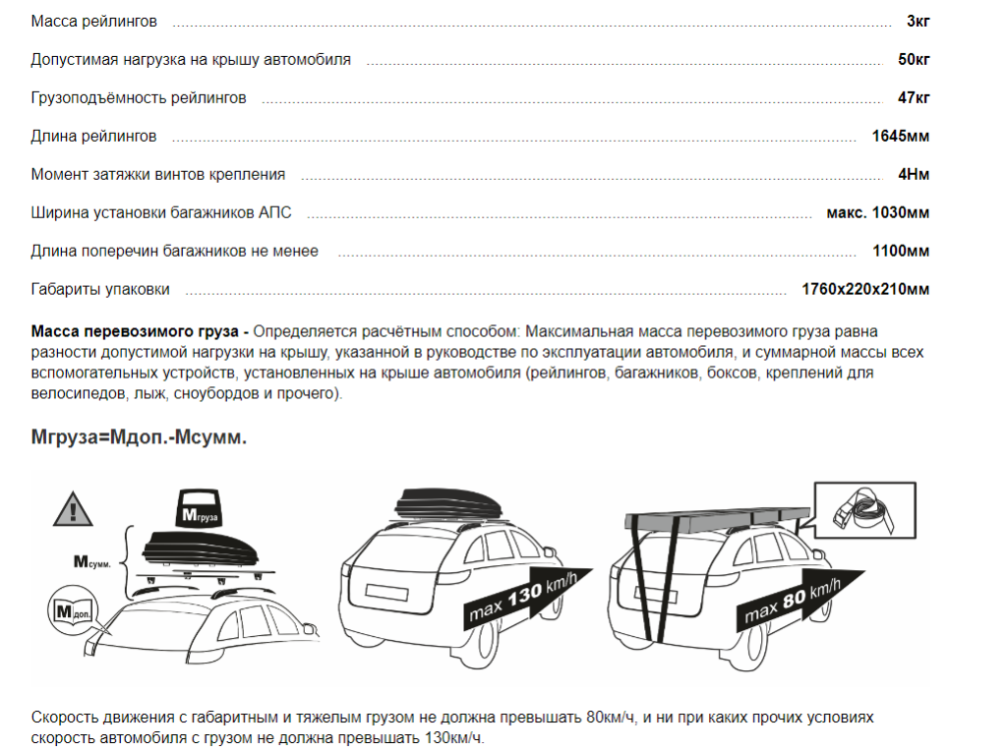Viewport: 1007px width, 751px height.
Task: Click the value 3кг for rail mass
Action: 918,22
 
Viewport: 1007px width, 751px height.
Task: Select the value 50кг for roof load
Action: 914,60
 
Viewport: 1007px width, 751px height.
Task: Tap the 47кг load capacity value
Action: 914,98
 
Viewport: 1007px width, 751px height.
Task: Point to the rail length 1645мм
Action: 900,137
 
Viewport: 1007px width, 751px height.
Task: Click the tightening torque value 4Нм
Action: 914,175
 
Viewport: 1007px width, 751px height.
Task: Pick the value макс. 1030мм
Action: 877,213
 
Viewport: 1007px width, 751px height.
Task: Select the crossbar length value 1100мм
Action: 900,252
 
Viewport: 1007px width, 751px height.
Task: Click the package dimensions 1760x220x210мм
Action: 865,290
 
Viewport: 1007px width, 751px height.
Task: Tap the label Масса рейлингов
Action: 93,22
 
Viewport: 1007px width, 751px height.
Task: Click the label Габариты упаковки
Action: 100,290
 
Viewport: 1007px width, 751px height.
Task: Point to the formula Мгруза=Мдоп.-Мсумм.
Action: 139,436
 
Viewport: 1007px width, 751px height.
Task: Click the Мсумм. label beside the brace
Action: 98,563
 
